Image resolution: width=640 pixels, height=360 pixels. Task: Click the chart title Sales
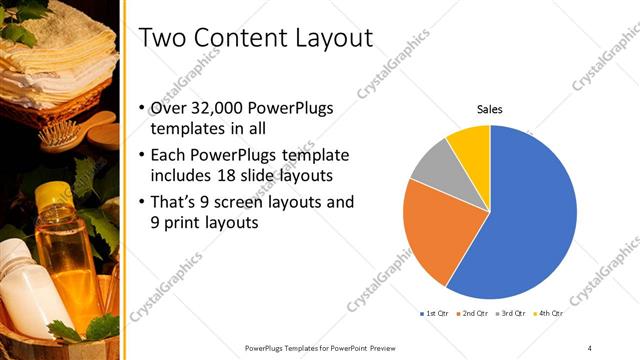(x=489, y=109)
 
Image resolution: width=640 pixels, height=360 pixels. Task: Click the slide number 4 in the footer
(x=590, y=346)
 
